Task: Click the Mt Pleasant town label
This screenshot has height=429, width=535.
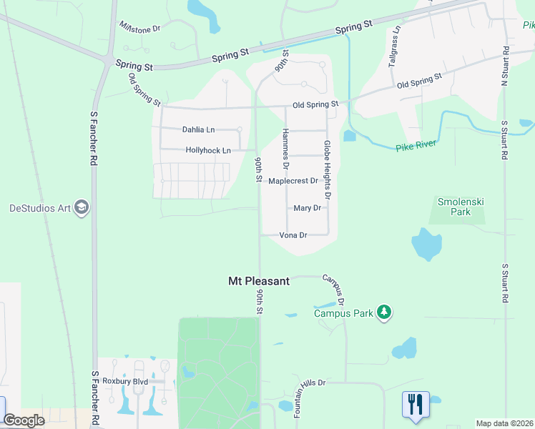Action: click(258, 281)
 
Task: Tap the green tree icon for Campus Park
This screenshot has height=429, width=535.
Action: click(384, 312)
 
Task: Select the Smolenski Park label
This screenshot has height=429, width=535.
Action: click(461, 207)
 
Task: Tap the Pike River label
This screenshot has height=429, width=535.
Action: click(415, 147)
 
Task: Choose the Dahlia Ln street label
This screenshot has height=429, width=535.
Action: click(199, 129)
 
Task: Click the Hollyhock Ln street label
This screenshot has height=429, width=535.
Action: click(208, 150)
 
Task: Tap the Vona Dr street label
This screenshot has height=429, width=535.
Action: click(293, 235)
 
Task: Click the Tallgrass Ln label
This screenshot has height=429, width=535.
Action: click(393, 47)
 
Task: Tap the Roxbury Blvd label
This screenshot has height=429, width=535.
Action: click(124, 382)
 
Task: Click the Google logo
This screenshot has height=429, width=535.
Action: click(24, 420)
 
